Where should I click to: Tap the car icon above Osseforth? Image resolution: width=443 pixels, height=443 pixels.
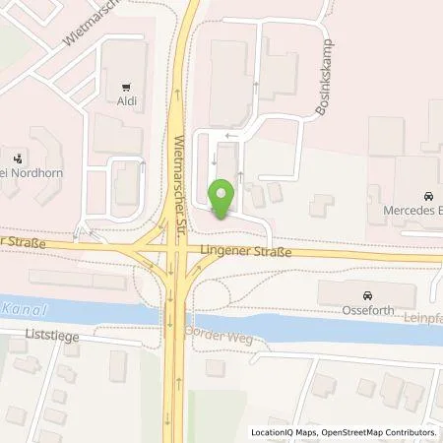pyautogui.click(x=367, y=295)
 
